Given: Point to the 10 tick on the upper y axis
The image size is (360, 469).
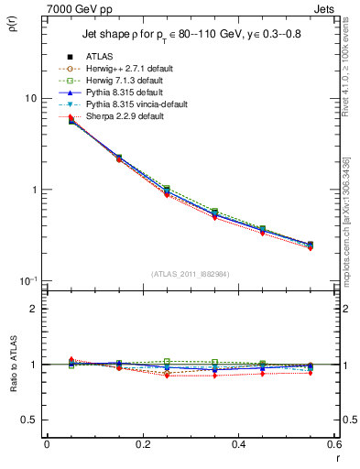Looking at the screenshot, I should pyautogui.click(x=30, y=99).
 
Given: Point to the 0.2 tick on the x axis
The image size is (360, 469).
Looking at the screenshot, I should pyautogui.click(x=142, y=444).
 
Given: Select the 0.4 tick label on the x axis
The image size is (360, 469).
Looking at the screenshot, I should pyautogui.click(x=238, y=444).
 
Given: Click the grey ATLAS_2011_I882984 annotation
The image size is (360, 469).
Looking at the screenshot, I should pyautogui.click(x=190, y=274).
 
